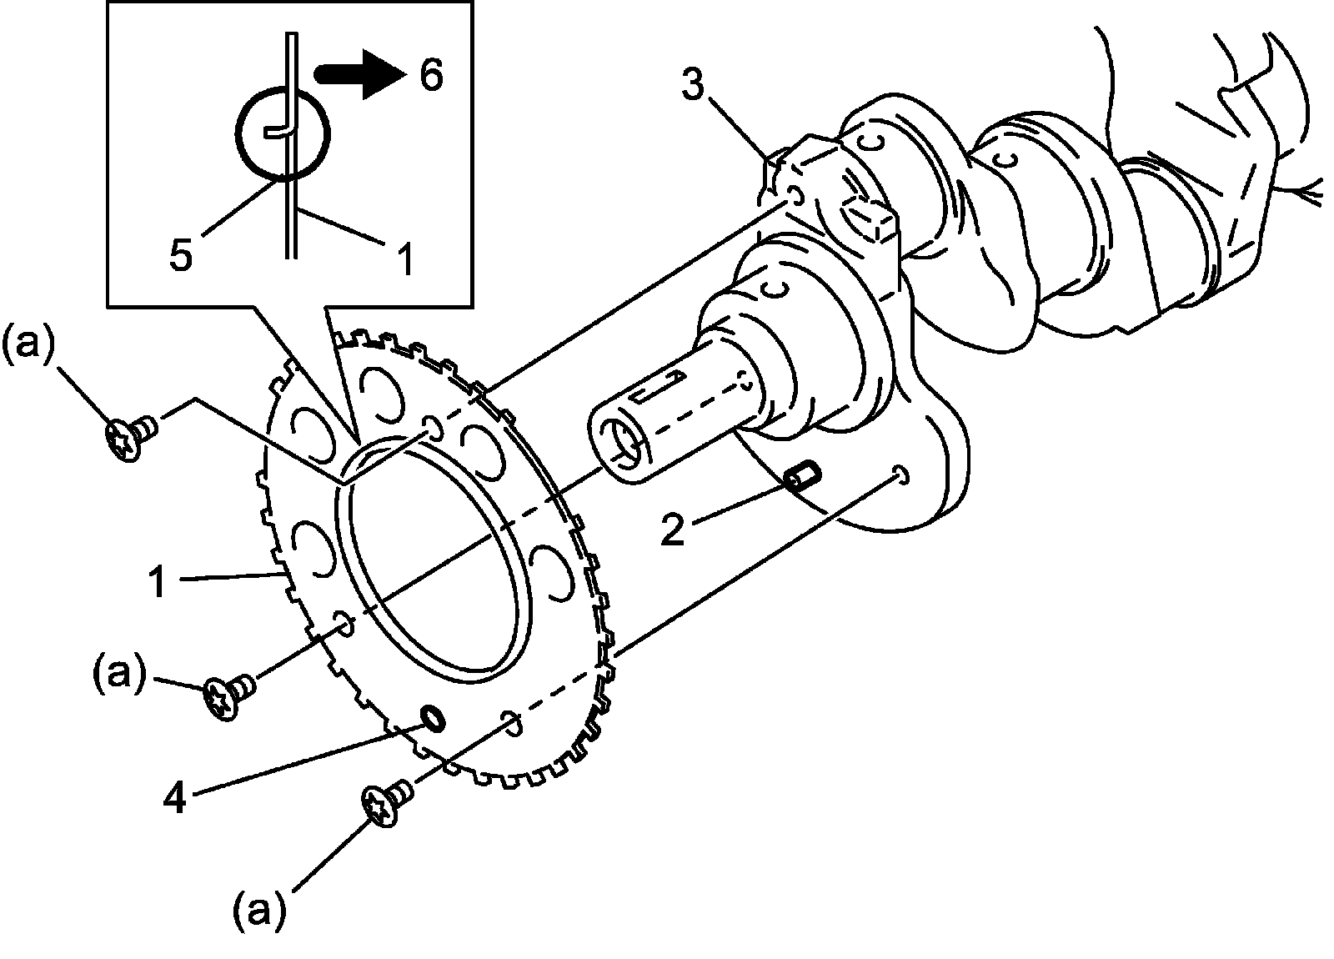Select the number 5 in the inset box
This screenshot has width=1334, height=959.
[181, 254]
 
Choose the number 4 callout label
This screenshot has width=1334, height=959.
[174, 798]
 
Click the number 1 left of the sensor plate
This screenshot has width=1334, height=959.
[159, 582]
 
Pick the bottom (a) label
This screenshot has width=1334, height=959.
[259, 911]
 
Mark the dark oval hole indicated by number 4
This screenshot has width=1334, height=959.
[433, 716]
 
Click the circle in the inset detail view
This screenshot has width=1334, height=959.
[283, 133]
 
